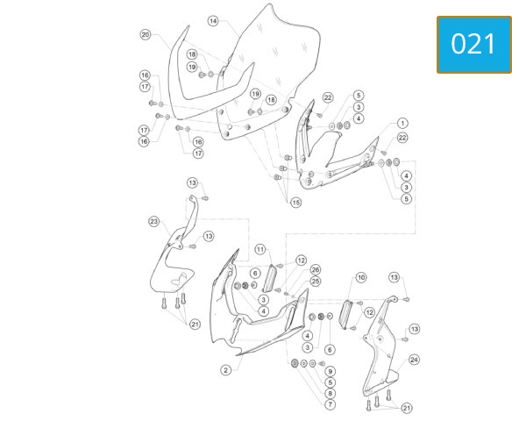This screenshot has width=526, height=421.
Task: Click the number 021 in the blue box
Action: click(x=473, y=44)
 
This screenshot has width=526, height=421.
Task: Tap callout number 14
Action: click(x=213, y=21)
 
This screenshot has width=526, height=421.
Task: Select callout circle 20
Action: click(x=146, y=34)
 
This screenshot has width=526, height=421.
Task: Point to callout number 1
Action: click(x=402, y=123)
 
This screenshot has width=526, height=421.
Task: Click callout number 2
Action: click(x=226, y=370)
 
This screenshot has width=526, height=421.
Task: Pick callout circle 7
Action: click(x=331, y=404)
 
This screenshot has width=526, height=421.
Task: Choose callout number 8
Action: click(x=331, y=394)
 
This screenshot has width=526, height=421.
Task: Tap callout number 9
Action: click(x=331, y=372)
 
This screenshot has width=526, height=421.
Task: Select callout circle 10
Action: click(x=361, y=278)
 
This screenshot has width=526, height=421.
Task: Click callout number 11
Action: click(x=260, y=249)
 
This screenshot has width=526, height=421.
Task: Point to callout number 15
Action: click(x=296, y=203)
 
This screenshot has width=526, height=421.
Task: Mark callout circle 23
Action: click(x=154, y=222)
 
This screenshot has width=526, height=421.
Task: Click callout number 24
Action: click(x=415, y=360)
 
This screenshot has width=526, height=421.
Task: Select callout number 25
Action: click(x=316, y=282)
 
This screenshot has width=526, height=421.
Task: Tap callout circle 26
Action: click(x=316, y=269)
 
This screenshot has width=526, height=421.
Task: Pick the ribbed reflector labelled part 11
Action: click(x=269, y=278)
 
